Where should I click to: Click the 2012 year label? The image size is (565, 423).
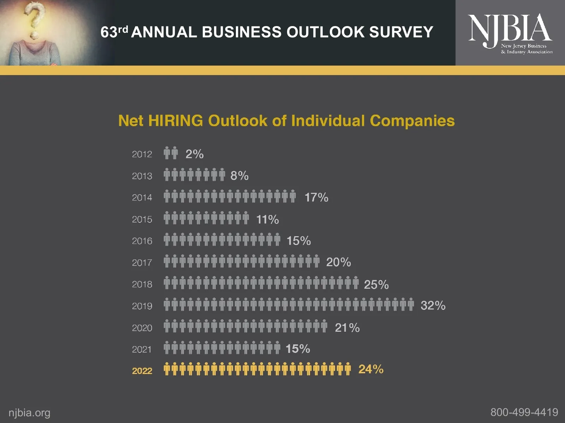coord(142,154)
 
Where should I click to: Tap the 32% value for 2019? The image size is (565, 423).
coord(433,305)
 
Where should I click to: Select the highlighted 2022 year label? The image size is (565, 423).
coord(142,371)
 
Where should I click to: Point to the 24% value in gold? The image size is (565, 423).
coord(371,369)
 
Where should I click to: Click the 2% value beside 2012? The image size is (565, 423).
coord(195,154)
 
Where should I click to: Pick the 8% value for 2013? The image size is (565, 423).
coord(239,176)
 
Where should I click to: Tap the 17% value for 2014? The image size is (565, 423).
coord(316,197)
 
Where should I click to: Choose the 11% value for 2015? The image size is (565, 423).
coord(267,219)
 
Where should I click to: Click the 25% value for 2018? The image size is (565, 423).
coord(376,284)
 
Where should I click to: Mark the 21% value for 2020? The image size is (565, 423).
coord(347,328)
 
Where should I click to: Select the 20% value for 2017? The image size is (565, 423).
coord(338,262)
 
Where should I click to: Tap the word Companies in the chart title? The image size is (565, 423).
coord(412,121)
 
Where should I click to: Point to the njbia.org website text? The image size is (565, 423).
coord(29,413)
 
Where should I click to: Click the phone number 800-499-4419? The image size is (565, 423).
coord(524,412)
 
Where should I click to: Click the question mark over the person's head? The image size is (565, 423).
coord(34,19)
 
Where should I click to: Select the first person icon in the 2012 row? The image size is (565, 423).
coord(167,153)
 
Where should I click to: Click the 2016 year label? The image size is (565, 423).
coord(142,241)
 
